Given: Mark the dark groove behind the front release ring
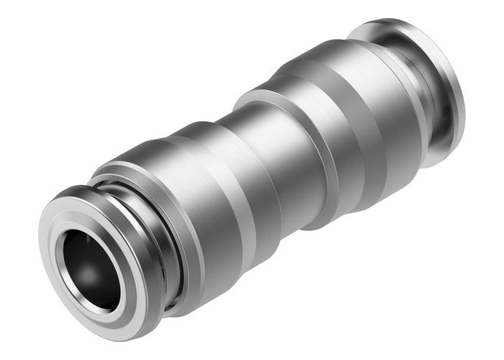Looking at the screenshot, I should click(155, 216).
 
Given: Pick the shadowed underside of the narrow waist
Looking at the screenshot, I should click(288, 209).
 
